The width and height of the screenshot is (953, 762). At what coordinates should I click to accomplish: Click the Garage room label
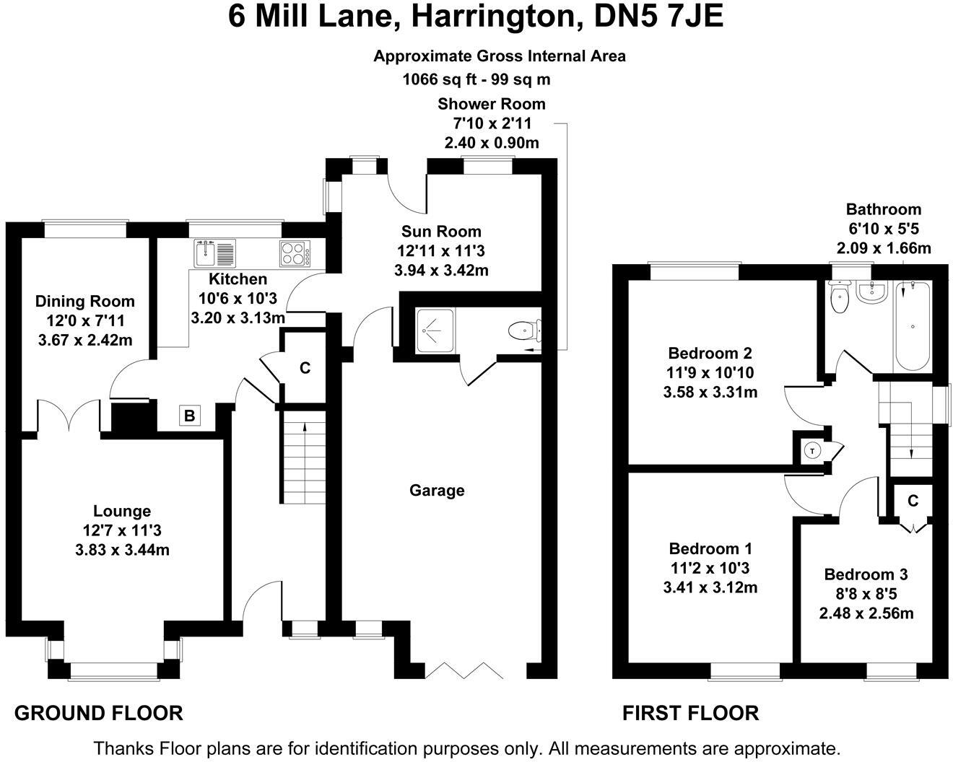click(x=437, y=491)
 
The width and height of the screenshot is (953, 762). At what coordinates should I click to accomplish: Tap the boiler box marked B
click(x=189, y=416)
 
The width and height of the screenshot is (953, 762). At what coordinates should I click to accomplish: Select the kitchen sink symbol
click(x=214, y=253)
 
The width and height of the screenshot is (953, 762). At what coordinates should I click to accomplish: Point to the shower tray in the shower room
click(x=435, y=330)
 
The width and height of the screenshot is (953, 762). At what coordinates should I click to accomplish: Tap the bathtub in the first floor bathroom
click(x=913, y=326)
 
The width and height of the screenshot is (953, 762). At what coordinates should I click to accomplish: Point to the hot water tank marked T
click(x=812, y=452)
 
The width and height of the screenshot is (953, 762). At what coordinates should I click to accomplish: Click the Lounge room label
click(x=122, y=511)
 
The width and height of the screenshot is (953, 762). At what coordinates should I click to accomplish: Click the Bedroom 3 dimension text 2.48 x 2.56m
click(x=866, y=613)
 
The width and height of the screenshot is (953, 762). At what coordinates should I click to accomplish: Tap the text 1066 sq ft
click(x=440, y=79)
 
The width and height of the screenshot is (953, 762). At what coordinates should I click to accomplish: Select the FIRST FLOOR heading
click(x=690, y=714)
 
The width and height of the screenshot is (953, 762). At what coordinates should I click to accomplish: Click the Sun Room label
click(x=441, y=232)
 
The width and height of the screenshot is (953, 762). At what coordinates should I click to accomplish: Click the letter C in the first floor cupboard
click(x=913, y=501)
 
